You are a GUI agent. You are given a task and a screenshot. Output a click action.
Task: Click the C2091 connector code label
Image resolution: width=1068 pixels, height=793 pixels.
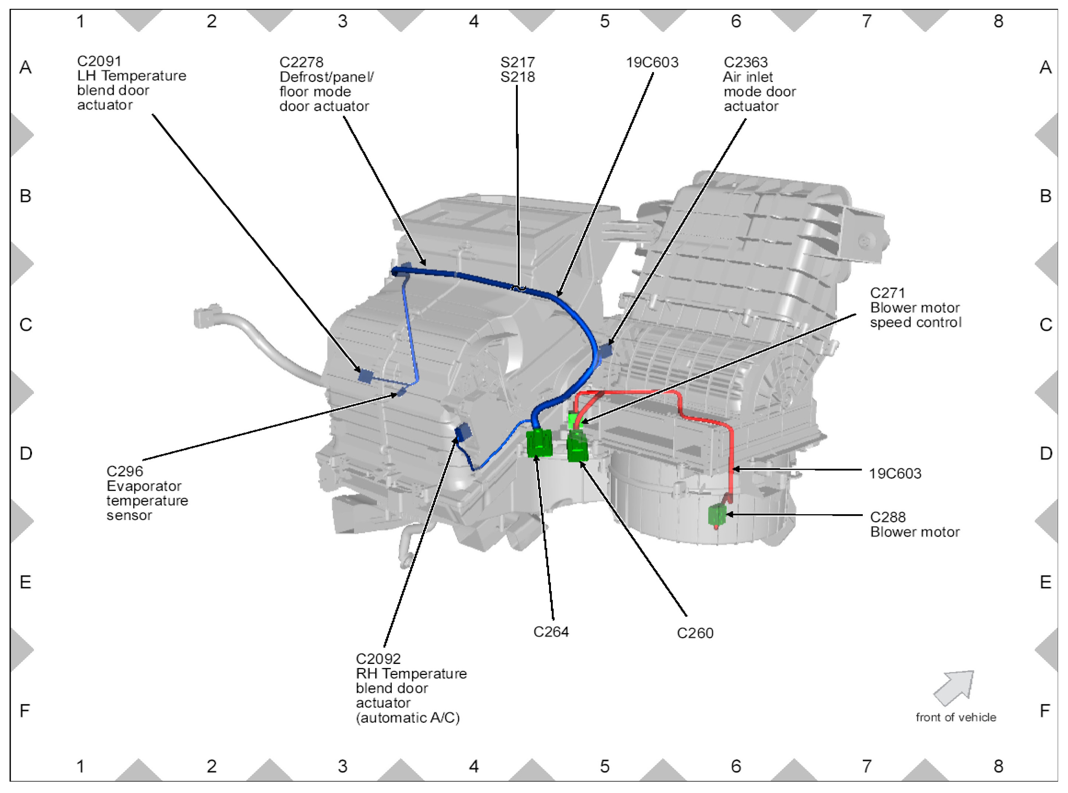(x=99, y=61)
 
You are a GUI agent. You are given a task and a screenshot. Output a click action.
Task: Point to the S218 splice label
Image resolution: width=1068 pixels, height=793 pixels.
(x=517, y=77)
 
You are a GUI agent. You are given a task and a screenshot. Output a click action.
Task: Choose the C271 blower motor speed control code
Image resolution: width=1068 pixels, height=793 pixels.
(x=887, y=293)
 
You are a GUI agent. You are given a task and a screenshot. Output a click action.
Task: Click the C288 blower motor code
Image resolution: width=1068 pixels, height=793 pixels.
(x=887, y=517)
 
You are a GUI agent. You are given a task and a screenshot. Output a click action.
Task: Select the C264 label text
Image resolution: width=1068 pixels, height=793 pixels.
(x=551, y=632)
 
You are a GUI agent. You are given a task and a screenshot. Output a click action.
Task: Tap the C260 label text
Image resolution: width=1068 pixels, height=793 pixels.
(x=695, y=633)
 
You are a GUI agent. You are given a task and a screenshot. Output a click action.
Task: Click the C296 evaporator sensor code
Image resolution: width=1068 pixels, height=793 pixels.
(x=125, y=471)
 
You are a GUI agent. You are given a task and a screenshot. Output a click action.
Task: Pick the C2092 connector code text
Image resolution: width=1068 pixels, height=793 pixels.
(x=378, y=659)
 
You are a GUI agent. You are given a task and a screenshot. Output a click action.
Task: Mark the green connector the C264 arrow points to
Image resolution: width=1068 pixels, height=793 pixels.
(x=538, y=442)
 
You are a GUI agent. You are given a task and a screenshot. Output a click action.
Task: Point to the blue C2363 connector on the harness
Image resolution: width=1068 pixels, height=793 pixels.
(x=606, y=351)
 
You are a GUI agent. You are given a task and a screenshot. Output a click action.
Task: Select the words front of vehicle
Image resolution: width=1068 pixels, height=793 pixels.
(x=955, y=717)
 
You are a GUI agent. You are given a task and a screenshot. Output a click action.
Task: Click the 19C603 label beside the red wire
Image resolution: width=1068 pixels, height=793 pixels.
(x=895, y=474)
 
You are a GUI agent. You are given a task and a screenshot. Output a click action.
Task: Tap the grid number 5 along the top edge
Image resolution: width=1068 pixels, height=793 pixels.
(x=604, y=21)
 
